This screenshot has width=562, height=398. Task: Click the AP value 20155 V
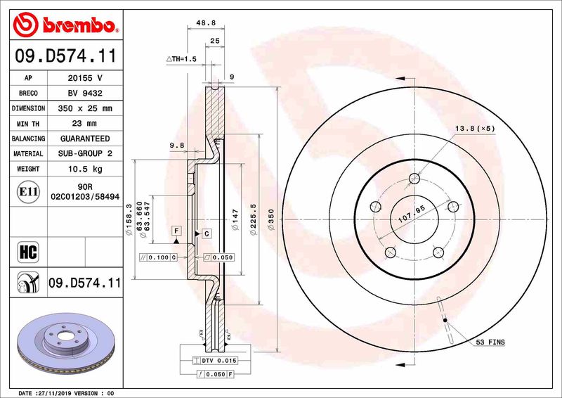coord(85,77)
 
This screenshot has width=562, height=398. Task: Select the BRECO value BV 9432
coord(85,93)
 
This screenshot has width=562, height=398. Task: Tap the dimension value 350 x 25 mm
coord(85,108)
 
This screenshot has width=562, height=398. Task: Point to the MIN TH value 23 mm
coord(85,124)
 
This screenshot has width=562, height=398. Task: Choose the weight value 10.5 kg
coord(85,169)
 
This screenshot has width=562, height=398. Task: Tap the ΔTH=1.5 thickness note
coord(182,59)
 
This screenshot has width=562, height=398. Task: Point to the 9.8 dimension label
coord(176,146)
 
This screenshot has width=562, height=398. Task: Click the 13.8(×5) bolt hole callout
coord(476,128)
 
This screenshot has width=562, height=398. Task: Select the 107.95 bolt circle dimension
coord(413,214)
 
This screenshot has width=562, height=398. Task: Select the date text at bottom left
coord(65,392)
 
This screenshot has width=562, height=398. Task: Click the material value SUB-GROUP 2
coord(85,153)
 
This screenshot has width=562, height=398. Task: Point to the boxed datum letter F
coord(176,230)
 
